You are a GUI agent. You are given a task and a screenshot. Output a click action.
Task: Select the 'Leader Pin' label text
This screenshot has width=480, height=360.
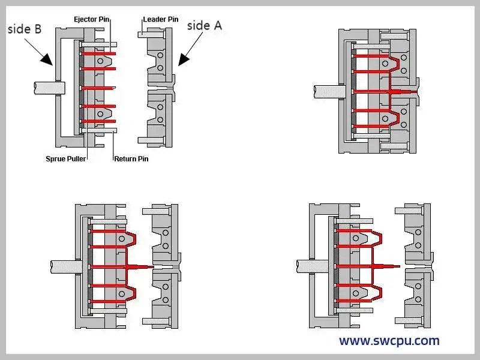pyautogui.click(x=160, y=19)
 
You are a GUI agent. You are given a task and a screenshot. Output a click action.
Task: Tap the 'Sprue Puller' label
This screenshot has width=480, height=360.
pyautogui.click(x=66, y=159)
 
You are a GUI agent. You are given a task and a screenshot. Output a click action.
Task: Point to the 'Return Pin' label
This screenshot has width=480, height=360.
pyautogui.click(x=131, y=159)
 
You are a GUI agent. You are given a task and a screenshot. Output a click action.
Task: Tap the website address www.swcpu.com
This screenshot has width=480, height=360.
pyautogui.click(x=389, y=341)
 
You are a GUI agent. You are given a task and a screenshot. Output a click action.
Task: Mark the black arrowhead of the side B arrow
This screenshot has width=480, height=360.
pyautogui.click(x=47, y=60)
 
